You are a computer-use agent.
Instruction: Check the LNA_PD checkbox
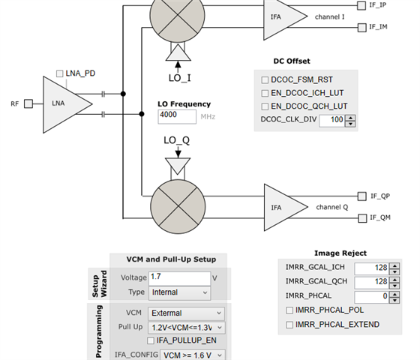pyautogui.click(x=59, y=73)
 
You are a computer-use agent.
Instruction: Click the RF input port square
pyautogui.click(x=28, y=103)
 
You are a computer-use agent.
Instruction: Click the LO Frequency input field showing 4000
pyautogui.click(x=177, y=116)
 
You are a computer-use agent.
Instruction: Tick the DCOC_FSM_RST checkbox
pyautogui.click(x=265, y=79)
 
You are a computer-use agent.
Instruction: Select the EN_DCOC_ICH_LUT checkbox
pyautogui.click(x=265, y=93)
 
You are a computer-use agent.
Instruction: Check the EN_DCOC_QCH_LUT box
pyautogui.click(x=265, y=106)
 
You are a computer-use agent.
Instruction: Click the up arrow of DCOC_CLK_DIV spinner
pyautogui.click(x=350, y=118)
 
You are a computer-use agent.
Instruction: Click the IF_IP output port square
pyautogui.click(x=361, y=6)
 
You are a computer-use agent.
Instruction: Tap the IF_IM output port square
pyautogui.click(x=361, y=27)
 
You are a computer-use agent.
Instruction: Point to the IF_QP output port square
pyautogui.click(x=361, y=196)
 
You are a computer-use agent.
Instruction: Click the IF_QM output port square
pyautogui.click(x=362, y=218)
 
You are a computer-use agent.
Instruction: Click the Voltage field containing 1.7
pyautogui.click(x=180, y=278)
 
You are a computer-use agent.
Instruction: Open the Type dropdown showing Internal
pyautogui.click(x=180, y=292)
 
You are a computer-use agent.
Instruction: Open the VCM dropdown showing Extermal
pyautogui.click(x=187, y=313)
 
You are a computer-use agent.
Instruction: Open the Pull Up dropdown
pyautogui.click(x=187, y=328)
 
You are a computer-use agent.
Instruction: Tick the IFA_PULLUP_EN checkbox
pyautogui.click(x=151, y=340)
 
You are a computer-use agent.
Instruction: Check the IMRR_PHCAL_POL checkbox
pyautogui.click(x=289, y=310)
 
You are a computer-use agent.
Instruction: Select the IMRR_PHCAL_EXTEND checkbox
pyautogui.click(x=289, y=325)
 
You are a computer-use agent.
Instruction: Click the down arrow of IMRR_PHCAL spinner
pyautogui.click(x=394, y=300)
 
